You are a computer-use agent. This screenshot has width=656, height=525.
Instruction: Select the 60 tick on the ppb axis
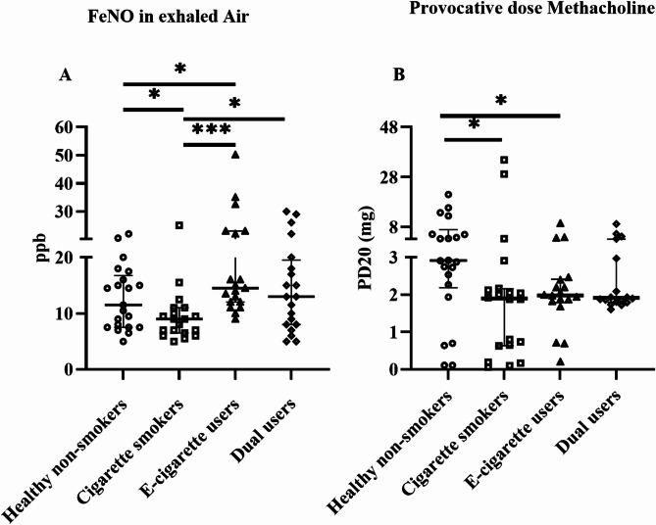point(66,127)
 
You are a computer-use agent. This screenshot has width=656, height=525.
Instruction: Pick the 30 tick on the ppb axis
point(66,212)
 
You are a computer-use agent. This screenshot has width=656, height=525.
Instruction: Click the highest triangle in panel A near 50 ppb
point(235,154)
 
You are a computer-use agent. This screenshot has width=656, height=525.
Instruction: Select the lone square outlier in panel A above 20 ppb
point(179,225)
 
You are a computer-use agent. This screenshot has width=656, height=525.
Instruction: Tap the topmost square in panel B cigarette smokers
point(504,161)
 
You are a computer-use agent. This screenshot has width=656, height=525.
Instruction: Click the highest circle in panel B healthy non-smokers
point(448,195)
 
